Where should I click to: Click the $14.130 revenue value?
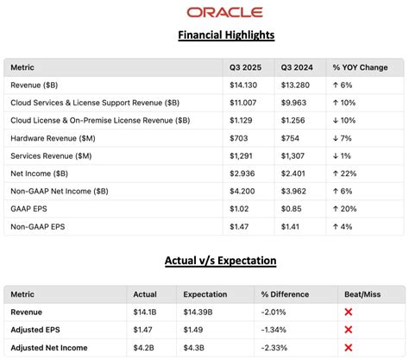coord(243,85)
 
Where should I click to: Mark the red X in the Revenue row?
coord(349,311)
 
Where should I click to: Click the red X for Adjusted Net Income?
coord(349,347)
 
